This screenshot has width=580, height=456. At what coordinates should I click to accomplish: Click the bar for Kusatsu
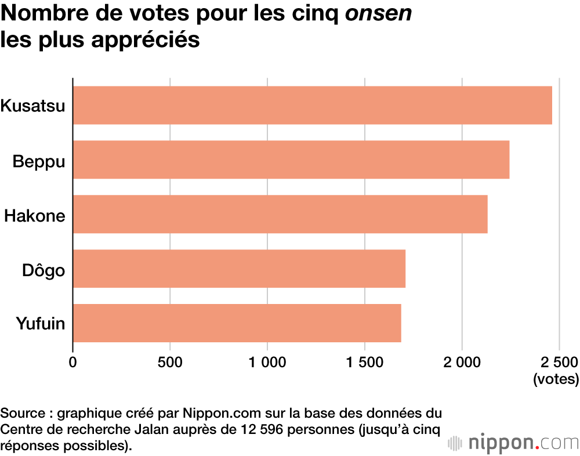pyautogui.click(x=312, y=105)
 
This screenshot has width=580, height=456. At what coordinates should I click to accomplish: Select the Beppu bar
pyautogui.click(x=291, y=160)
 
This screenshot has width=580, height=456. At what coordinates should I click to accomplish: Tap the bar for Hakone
pyautogui.click(x=280, y=214)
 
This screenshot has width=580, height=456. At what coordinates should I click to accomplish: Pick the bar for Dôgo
pyautogui.click(x=239, y=269)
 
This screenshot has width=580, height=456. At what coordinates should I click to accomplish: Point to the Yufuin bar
pyautogui.click(x=237, y=323)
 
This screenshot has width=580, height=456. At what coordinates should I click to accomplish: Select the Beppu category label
pyautogui.click(x=39, y=161)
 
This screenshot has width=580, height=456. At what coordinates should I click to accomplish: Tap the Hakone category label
pyautogui.click(x=35, y=215)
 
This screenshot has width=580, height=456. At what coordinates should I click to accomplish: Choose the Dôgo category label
pyautogui.click(x=43, y=270)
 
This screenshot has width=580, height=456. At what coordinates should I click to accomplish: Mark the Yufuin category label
pyautogui.click(x=39, y=324)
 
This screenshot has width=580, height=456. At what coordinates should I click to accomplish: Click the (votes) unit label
pyautogui.click(x=556, y=380)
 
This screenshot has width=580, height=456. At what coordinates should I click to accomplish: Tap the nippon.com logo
pyautogui.click(x=513, y=443)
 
